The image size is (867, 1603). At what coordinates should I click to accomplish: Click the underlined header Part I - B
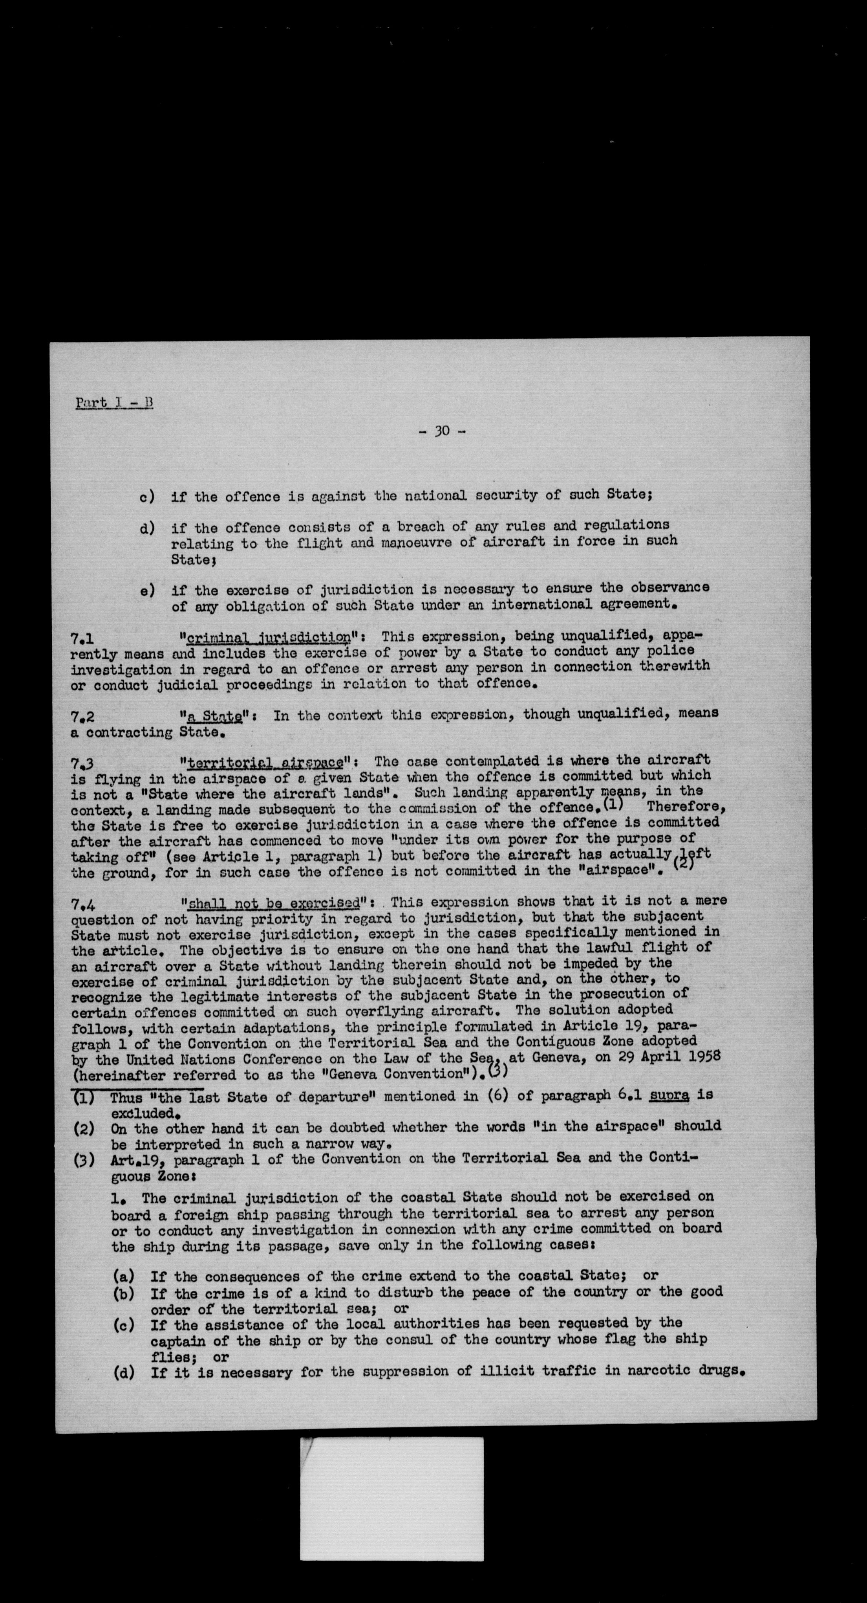point(114,403)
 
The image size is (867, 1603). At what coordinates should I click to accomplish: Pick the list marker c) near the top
point(147,497)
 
